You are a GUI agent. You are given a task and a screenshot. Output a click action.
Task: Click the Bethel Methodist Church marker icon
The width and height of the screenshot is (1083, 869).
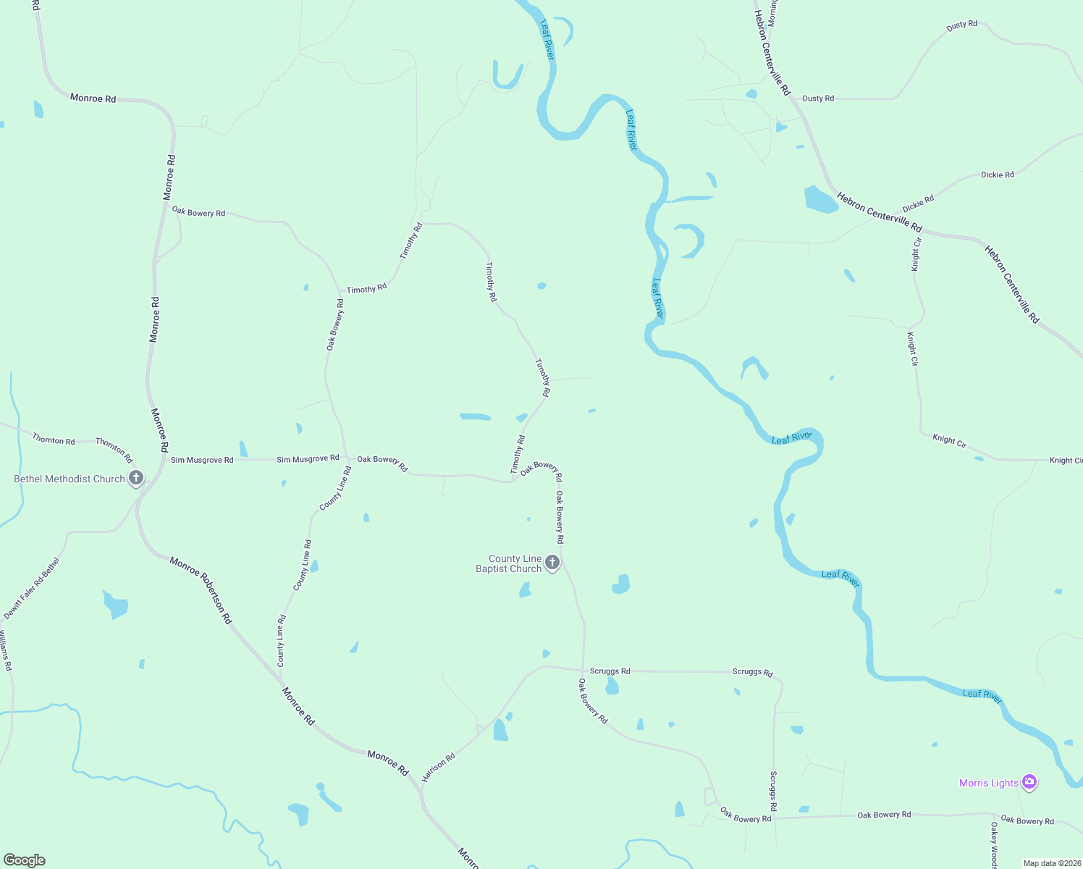coord(135,478)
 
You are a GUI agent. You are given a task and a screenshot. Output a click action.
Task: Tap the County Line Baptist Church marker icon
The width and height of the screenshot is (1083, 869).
coord(552,563)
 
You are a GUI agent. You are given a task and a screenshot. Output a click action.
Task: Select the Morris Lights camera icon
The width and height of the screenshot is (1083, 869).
coord(1029,782)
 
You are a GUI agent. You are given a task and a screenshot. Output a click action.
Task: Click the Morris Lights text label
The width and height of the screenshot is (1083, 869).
coord(988,783)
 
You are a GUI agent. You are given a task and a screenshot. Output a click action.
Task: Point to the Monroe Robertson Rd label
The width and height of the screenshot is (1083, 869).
coord(201,590)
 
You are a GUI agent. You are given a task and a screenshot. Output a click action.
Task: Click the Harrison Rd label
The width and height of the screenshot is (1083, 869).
coord(439,767)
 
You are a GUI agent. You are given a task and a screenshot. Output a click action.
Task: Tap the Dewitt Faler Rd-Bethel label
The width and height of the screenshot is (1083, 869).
coord(31,588)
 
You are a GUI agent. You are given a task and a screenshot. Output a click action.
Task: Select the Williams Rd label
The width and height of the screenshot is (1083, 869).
coord(6,650)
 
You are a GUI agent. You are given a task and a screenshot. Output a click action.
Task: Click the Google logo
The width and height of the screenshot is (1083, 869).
coord(25,860)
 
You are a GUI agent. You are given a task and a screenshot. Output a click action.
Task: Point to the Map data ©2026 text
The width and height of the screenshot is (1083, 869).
coord(1050,863)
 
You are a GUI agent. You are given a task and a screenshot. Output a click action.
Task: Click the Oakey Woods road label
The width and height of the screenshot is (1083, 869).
coord(995,845)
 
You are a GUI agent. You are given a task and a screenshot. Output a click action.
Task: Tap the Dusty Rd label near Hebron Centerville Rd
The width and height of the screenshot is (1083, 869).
coord(818,98)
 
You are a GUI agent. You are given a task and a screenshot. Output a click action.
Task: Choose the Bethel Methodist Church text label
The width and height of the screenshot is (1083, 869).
coord(69,479)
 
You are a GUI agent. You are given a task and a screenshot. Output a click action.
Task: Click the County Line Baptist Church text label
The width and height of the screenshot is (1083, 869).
coord(509,563)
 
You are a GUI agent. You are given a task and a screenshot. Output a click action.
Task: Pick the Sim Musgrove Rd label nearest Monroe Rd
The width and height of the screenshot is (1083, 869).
coord(202,460)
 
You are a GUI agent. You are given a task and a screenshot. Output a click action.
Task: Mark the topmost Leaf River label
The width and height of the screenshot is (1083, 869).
coord(547,40)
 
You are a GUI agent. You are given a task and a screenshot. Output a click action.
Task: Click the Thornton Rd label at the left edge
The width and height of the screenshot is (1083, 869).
coord(54,440)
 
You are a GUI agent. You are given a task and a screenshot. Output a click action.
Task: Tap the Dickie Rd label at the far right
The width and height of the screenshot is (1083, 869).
coord(998,175)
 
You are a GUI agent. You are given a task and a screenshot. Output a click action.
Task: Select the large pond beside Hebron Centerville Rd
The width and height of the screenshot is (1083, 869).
coord(820,199)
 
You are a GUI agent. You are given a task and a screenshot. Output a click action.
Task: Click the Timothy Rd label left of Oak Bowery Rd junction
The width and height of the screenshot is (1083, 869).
coord(518,455)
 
